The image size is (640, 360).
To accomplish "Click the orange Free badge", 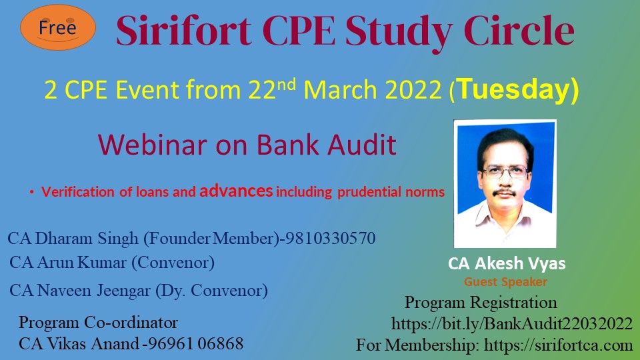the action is (x=58, y=27).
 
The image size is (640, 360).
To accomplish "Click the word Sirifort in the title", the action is (x=183, y=31).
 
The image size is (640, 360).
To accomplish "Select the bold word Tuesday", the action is (x=517, y=91).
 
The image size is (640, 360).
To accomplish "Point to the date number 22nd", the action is (x=272, y=89).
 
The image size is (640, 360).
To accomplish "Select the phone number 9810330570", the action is (x=330, y=238).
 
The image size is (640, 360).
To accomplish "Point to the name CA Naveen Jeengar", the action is (x=80, y=291).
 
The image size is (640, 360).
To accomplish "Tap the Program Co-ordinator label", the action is (x=98, y=323).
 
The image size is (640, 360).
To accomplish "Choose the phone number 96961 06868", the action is (x=195, y=344).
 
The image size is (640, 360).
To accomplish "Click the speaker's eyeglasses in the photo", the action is (x=505, y=172).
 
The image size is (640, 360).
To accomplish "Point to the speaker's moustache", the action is (x=505, y=192).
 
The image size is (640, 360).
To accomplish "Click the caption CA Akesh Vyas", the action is (x=507, y=263).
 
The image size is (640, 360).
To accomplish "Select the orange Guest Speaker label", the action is (x=506, y=281).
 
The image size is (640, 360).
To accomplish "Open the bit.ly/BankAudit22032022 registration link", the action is (x=512, y=324).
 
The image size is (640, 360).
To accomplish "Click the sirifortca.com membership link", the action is (x=559, y=345).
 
